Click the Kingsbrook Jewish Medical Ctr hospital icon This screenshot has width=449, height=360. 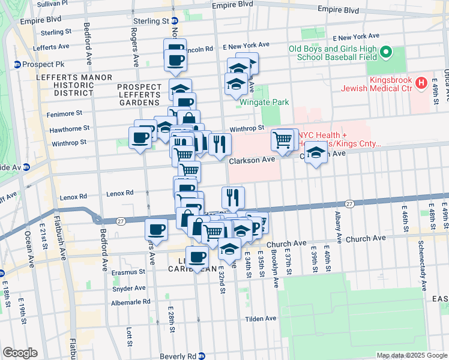tap(421, 83)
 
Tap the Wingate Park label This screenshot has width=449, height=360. tap(264, 102)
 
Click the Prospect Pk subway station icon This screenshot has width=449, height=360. tap(17, 64)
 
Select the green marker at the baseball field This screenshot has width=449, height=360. tap(387, 52)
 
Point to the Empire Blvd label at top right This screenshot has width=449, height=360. tap(339, 10)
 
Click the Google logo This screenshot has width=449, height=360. tap(20, 353)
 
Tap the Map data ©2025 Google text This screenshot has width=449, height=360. tap(412, 355)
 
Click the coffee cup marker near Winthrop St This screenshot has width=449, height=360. tap(140, 138)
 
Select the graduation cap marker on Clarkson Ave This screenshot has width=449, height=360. tap(316, 153)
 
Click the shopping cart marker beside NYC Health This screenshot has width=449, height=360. tap(283, 140)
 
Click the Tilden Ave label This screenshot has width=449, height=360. tap(261, 319)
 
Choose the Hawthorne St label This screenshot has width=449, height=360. tap(69, 128)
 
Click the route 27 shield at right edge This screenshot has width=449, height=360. tap(349, 205)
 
